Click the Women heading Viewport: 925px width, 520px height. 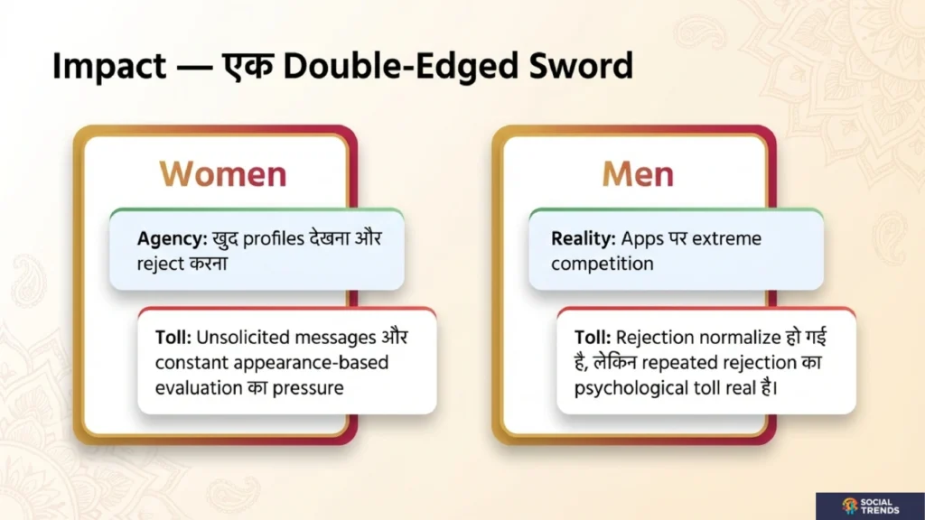click(x=223, y=174)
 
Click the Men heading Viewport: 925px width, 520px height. click(x=638, y=174)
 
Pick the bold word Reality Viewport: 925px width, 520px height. click(x=584, y=239)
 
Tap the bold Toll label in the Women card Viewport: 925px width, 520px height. click(x=173, y=338)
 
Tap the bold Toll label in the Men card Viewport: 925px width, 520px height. click(x=592, y=338)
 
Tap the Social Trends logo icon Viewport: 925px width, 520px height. click(x=850, y=506)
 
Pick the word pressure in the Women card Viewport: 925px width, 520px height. click(x=314, y=388)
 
